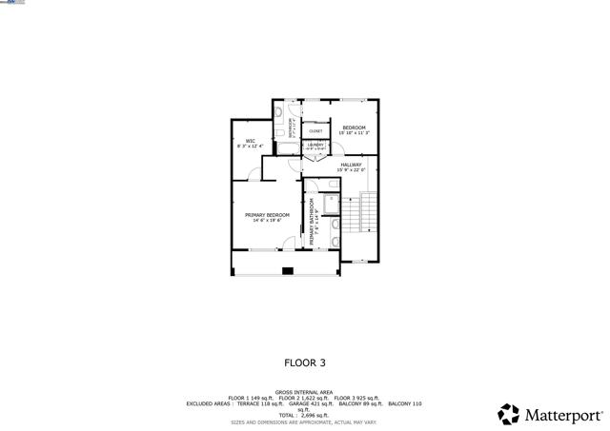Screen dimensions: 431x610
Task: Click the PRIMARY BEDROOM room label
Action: pos(267,215)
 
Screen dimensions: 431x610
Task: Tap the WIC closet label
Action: pos(251,141)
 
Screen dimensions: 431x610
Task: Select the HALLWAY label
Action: pos(351,165)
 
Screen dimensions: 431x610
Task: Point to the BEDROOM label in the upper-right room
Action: pos(355,127)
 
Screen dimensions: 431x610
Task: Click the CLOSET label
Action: pos(315,131)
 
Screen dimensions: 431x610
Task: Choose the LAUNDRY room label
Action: pos(315,146)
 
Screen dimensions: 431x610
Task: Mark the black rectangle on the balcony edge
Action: pos(287,271)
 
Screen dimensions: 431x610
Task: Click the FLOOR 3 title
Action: pos(305,362)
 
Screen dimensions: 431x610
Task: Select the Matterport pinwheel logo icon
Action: pos(509,414)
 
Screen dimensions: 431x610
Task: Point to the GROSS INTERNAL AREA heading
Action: pos(304,392)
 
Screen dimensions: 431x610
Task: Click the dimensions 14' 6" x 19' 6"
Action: pos(267,221)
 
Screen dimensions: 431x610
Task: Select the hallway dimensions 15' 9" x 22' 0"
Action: pos(351,170)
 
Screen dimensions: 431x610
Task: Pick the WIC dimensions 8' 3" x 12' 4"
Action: pos(251,147)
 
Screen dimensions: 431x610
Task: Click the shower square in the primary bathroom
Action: pos(328,204)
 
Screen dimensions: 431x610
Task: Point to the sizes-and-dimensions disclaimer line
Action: pos(304,421)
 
